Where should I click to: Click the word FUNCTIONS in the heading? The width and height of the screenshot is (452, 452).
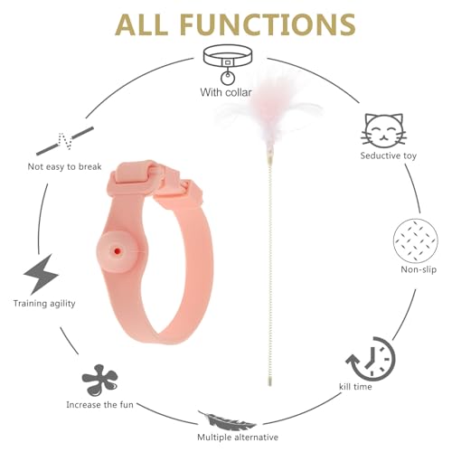tap(268, 24)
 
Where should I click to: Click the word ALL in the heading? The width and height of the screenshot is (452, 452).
tap(141, 24)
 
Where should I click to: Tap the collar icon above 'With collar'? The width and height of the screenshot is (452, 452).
tap(228, 64)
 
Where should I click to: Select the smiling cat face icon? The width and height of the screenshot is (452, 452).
tap(383, 131)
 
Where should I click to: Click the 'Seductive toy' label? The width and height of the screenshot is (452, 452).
tap(389, 155)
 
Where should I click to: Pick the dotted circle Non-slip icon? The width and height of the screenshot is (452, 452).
tap(416, 240)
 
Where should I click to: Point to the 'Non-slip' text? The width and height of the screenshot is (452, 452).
tap(419, 269)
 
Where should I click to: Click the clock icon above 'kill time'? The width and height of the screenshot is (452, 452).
tap(371, 359)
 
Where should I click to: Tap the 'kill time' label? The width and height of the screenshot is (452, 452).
tap(355, 387)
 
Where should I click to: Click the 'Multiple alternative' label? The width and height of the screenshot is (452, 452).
tap(238, 438)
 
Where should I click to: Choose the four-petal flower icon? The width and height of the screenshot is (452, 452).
tap(99, 381)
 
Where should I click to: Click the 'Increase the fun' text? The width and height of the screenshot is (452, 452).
tap(99, 405)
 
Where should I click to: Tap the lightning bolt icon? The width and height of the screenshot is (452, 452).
tap(42, 274)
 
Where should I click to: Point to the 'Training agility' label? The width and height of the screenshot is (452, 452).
tap(44, 304)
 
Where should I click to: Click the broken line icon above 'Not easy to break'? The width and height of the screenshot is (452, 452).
tap(65, 141)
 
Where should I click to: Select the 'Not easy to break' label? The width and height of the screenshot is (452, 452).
tap(64, 166)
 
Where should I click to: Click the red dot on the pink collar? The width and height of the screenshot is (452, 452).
tap(118, 250)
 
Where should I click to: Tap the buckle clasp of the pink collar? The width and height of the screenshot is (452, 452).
tap(156, 178)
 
